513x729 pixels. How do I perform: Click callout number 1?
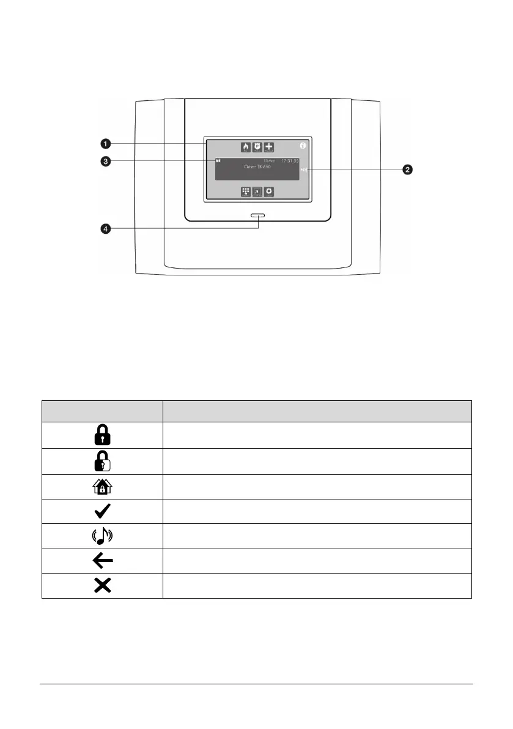click(106, 143)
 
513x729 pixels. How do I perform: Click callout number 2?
click(407, 170)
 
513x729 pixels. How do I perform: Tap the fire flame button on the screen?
click(246, 147)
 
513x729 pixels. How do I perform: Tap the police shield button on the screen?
click(257, 147)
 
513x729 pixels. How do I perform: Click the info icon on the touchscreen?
click(302, 146)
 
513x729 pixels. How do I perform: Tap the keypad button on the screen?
click(246, 192)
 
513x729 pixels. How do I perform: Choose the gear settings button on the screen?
click(269, 192)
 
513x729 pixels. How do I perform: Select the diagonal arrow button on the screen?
click(257, 192)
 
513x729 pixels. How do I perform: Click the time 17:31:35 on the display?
click(289, 161)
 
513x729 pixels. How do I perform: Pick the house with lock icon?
click(102, 486)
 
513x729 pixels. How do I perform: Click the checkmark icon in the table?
click(102, 511)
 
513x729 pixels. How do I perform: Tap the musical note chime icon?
click(102, 536)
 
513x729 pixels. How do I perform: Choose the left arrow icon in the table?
click(102, 561)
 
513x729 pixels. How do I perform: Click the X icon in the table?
click(102, 586)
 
